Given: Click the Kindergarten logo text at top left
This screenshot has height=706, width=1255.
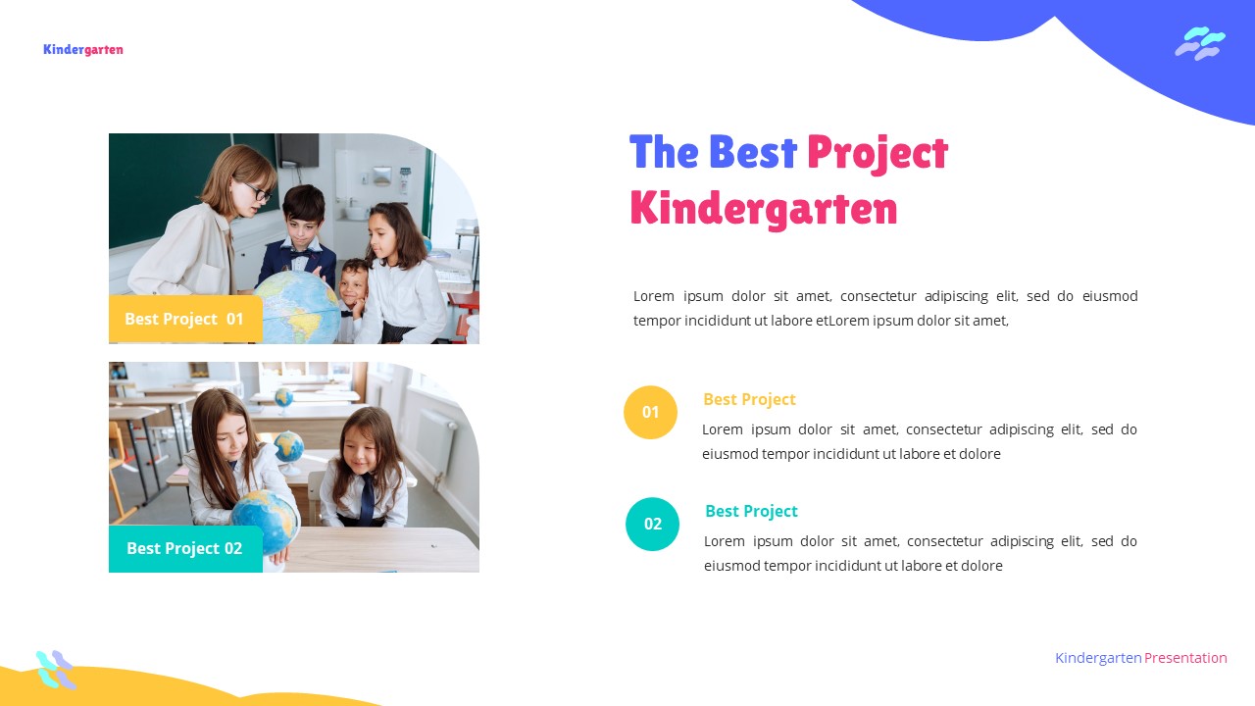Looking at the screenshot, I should click(83, 50).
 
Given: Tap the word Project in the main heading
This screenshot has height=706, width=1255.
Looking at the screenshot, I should click(877, 153).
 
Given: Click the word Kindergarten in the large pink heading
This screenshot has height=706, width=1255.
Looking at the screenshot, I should click(763, 209).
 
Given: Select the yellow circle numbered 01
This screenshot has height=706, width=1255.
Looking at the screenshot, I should click(650, 412).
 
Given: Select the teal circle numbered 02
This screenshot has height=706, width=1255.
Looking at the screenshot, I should click(652, 524).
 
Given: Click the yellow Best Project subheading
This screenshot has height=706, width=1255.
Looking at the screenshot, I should click(749, 399).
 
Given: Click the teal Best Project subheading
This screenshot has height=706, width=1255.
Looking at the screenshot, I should click(751, 511).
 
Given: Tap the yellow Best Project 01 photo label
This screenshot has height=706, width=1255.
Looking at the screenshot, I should click(184, 319).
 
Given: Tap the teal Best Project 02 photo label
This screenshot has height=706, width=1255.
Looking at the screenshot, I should click(184, 548).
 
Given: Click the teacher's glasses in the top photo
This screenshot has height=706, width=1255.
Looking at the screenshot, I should click(257, 191).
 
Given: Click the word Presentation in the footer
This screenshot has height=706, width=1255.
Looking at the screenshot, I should click(1185, 658).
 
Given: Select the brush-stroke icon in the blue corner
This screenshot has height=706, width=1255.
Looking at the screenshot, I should click(1200, 43).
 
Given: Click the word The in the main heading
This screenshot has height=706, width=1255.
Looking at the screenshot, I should click(664, 153).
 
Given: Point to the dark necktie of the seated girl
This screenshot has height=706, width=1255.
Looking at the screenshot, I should click(367, 498).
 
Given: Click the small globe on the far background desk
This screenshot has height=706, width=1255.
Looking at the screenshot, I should click(283, 397).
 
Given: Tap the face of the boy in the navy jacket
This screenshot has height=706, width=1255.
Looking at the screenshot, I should click(303, 214).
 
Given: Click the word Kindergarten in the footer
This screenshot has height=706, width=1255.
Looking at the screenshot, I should click(1098, 658).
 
